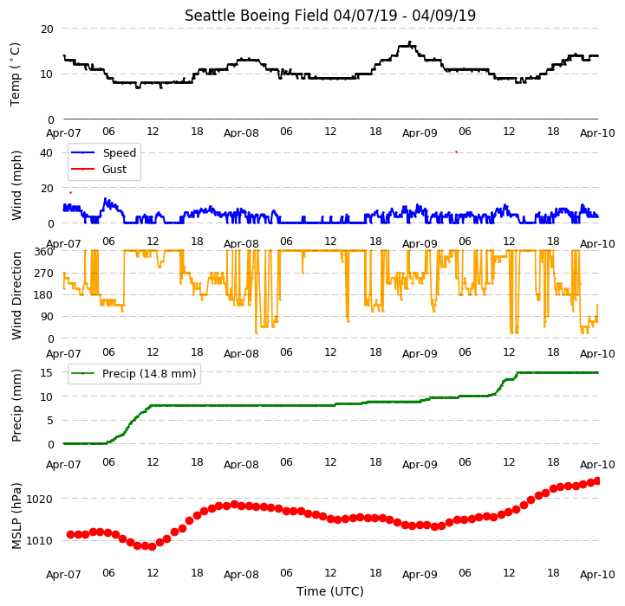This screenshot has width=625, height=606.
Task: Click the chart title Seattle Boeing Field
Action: tap(257, 16)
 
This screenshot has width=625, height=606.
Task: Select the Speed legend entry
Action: tap(104, 152)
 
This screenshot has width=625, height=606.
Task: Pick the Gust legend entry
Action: tap(99, 169)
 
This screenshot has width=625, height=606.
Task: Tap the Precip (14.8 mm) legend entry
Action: tap(133, 373)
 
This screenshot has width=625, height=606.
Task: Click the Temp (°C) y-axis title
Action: tap(15, 74)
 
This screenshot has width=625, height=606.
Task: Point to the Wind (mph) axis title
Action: tap(16, 185)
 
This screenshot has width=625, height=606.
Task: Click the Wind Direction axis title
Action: tap(16, 295)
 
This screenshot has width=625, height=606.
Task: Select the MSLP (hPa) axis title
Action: tap(16, 516)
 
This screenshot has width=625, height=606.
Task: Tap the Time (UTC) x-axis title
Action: tap(330, 591)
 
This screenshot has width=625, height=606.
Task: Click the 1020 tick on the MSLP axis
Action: tap(39, 499)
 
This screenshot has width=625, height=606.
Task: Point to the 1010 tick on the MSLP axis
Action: tap(39, 541)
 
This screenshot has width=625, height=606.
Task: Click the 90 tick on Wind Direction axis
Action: tap(48, 317)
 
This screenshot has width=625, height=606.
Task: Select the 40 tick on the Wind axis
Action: tap(46, 153)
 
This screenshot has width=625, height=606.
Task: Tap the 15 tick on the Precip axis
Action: tap(47, 372)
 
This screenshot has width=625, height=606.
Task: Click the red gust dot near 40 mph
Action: tap(456, 151)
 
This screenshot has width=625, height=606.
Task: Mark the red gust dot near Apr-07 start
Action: tap(70, 193)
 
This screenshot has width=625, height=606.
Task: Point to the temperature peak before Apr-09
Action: tap(409, 42)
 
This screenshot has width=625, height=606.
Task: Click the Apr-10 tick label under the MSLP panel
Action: tap(597, 575)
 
